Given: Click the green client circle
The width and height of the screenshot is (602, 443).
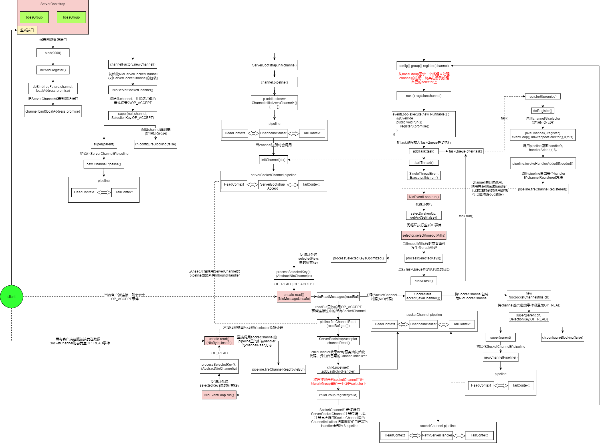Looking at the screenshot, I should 11,296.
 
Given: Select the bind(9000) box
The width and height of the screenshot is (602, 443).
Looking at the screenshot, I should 53,53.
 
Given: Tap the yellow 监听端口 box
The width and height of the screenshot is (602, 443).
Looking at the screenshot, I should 27,30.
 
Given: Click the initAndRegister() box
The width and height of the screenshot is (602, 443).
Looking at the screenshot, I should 53,70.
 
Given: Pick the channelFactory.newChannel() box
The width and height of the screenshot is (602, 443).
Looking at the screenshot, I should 133,64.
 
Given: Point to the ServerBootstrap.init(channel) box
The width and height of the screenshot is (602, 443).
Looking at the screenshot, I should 274,65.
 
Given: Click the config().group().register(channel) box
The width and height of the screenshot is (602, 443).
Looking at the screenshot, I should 424,66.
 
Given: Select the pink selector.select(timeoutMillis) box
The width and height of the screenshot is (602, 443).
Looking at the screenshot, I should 424,235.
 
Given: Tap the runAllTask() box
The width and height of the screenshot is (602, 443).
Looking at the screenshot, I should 424,281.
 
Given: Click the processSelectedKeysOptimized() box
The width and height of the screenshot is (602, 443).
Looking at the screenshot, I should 358,258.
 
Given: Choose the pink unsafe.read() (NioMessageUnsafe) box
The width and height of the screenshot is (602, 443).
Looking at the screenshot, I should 294,296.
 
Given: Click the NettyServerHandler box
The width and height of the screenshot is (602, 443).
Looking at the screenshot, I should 437,435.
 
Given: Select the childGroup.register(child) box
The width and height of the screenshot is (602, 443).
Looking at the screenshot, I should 338,395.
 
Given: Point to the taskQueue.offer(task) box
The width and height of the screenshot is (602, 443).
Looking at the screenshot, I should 465,151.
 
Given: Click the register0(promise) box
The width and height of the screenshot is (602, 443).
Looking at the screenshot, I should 542,96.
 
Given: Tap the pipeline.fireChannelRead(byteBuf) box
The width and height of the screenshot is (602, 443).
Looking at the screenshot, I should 278,369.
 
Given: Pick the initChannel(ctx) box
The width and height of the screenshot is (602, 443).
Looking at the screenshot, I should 273,160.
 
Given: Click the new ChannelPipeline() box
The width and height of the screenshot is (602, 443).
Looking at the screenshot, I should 104,164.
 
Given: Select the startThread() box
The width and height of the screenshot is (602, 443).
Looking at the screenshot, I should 424,162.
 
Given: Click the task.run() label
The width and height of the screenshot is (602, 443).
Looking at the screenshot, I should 466,216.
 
